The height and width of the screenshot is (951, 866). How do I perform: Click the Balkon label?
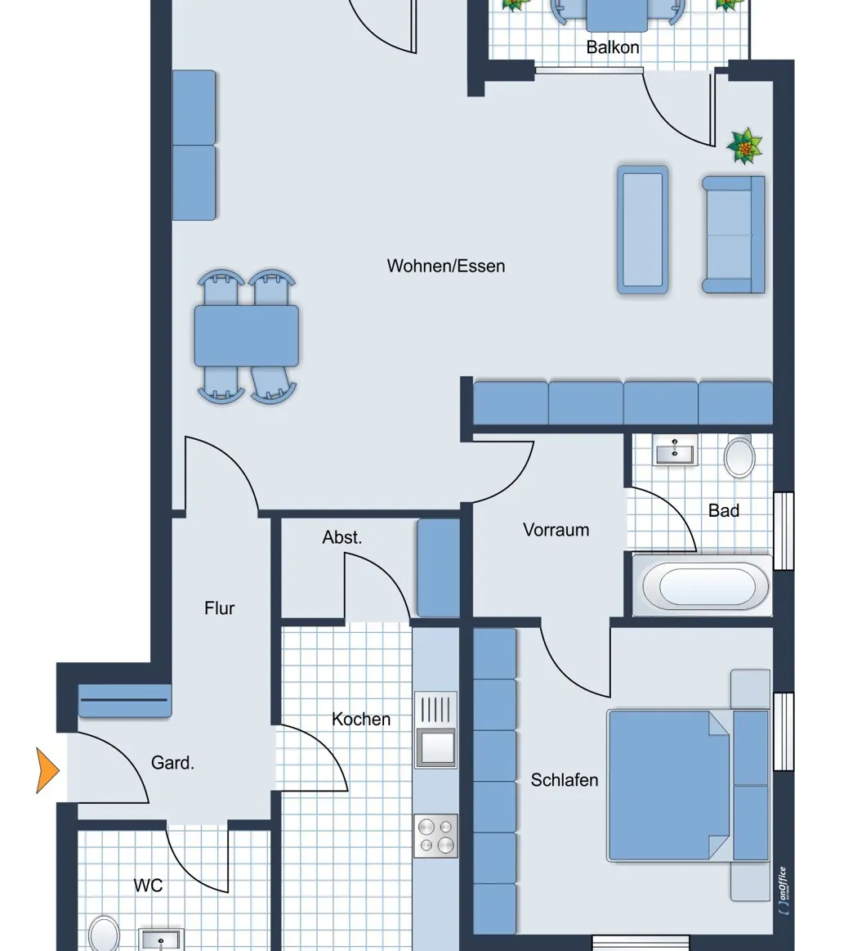click(x=613, y=47)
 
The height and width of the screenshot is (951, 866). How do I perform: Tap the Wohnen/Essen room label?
click(x=446, y=266)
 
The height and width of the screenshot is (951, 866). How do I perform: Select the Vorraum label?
click(x=556, y=530)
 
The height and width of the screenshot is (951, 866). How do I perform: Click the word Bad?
click(x=723, y=510)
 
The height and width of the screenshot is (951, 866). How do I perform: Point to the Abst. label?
click(x=342, y=537)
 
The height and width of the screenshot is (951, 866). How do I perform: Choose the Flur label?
click(x=220, y=608)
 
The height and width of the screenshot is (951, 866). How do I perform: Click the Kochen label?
click(x=361, y=720)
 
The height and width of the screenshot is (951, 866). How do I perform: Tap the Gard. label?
click(x=172, y=763)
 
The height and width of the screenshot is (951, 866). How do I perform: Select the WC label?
click(x=148, y=885)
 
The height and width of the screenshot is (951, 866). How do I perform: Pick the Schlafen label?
click(x=565, y=780)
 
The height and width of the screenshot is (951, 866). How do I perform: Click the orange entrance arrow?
click(x=47, y=770)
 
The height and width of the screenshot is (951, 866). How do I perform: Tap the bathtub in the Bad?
click(x=707, y=585)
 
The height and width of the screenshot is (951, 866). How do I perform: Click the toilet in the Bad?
click(x=739, y=456)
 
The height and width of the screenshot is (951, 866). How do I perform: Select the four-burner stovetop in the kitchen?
click(x=435, y=835)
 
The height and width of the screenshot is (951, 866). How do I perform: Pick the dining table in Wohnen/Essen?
click(x=247, y=335)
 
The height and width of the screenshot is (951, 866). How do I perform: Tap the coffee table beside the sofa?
click(x=642, y=229)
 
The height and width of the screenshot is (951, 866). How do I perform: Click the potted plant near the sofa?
click(x=744, y=146)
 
